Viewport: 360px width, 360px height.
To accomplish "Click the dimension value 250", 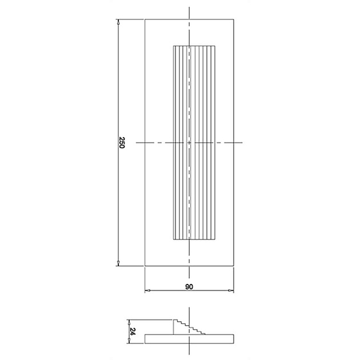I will pyautogui.click(x=121, y=142).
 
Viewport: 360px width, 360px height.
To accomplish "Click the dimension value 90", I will pyautogui.click(x=189, y=287).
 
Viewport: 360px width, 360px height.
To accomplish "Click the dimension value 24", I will pyautogui.click(x=133, y=331).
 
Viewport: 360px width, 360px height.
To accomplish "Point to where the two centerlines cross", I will pyautogui.click(x=189, y=142).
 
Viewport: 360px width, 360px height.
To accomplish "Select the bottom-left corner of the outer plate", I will pyautogui.click(x=145, y=265).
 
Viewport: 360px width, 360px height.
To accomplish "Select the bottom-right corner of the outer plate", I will pyautogui.click(x=234, y=265).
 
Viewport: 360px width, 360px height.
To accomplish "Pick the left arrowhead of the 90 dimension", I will pyautogui.click(x=147, y=291).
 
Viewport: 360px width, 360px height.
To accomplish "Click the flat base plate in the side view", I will pyautogui.click(x=189, y=338).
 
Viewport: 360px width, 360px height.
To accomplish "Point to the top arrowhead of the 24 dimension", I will pyautogui.click(x=129, y=321).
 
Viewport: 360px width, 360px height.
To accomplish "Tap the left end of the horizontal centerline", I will pyautogui.click(x=137, y=142).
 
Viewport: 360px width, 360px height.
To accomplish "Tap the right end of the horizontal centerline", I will pyautogui.click(x=243, y=142).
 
